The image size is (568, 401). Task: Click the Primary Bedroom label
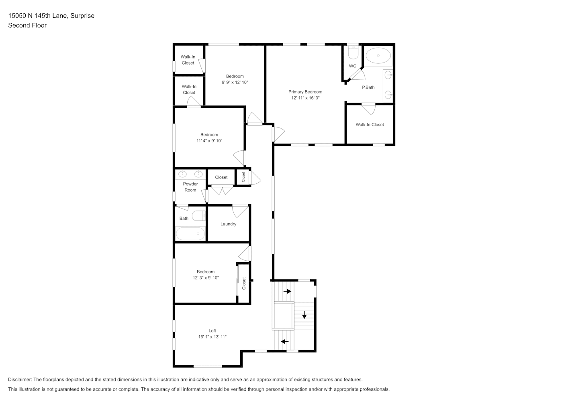(305, 92)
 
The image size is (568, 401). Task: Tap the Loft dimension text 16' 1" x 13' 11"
(212, 337)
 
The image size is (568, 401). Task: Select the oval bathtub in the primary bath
(378, 55)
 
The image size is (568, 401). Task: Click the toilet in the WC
(353, 53)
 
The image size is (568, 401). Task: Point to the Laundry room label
(228, 224)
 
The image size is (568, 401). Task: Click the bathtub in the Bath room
(190, 234)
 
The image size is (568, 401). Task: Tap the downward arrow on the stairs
(304, 315)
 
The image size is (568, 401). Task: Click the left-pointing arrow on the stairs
(285, 342)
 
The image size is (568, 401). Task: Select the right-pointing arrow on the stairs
(287, 292)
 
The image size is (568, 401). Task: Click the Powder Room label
(190, 187)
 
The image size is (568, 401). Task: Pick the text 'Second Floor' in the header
(27, 25)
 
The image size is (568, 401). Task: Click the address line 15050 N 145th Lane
(38, 16)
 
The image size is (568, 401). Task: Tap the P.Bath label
(368, 87)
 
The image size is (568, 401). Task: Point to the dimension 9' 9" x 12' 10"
(235, 82)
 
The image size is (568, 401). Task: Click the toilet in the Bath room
(198, 216)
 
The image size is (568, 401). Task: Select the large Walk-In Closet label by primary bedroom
(370, 125)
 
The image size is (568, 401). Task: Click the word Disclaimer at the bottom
(20, 379)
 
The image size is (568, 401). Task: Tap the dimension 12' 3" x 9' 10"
(206, 278)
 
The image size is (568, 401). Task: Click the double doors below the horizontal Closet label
(223, 190)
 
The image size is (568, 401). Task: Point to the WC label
(352, 66)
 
